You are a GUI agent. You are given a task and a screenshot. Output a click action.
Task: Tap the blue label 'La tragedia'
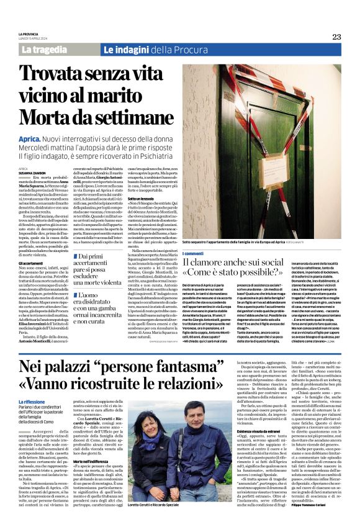(x=45, y=50)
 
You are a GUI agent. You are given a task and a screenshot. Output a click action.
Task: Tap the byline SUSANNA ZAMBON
(x=32, y=173)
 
